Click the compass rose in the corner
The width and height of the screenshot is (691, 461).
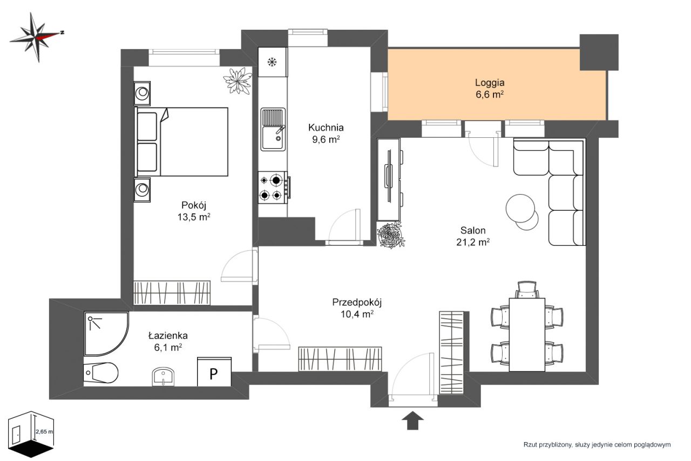[x=37, y=37]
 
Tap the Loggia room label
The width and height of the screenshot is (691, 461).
[x=490, y=83]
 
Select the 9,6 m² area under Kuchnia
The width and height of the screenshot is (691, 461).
[x=326, y=139]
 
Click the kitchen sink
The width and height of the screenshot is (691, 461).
[x=273, y=129]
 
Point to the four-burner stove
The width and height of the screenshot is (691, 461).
[x=273, y=188]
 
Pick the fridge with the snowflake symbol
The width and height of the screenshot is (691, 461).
[x=273, y=62]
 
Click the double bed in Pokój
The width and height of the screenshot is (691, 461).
[x=181, y=142]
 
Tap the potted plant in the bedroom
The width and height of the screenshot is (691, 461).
[x=238, y=81]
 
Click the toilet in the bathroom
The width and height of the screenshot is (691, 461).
[x=100, y=373]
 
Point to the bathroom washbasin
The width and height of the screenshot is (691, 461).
[x=163, y=377]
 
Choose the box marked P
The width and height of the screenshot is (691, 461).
[x=214, y=372]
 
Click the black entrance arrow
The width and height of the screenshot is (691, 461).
[x=413, y=420]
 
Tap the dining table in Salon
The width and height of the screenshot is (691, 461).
[x=527, y=335]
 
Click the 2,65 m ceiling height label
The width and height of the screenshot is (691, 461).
[x=44, y=432]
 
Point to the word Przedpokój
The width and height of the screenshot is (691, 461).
[x=357, y=302]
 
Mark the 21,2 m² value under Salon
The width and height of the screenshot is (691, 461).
[x=473, y=242]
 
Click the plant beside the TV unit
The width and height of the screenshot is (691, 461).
[x=391, y=235]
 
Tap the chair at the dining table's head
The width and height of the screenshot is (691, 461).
[x=527, y=290]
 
